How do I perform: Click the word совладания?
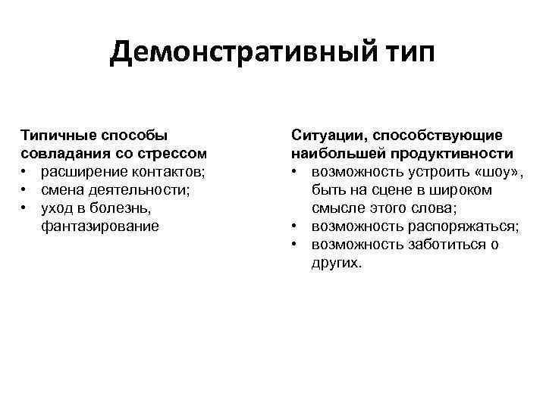pyautogui.click(x=64, y=154)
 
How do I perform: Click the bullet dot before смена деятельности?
pyautogui.click(x=25, y=190)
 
